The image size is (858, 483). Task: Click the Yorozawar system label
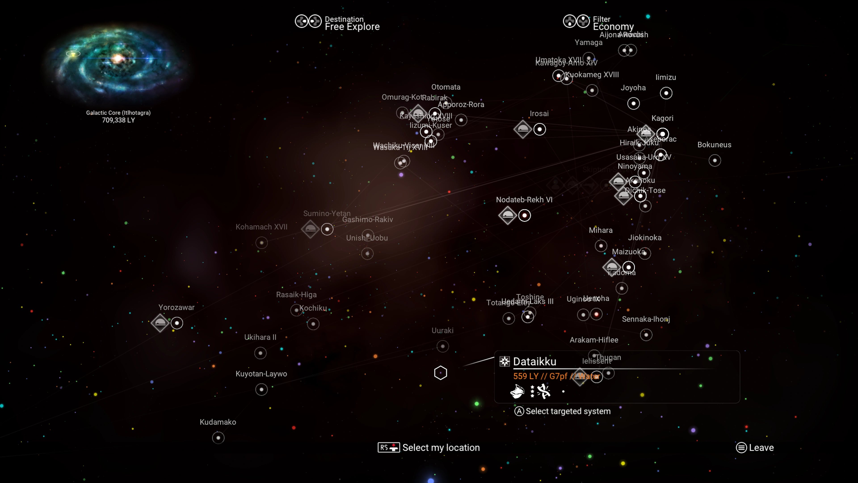pyautogui.click(x=176, y=307)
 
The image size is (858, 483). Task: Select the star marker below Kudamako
pyautogui.click(x=218, y=438)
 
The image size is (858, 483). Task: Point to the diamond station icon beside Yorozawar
pyautogui.click(x=160, y=323)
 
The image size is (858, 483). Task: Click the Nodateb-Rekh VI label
pyautogui.click(x=524, y=200)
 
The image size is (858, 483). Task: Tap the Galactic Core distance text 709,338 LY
pyautogui.click(x=118, y=120)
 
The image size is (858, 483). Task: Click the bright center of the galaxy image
pyautogui.click(x=117, y=59)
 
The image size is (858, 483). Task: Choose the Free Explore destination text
pyautogui.click(x=352, y=27)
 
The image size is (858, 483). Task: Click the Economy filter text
pyautogui.click(x=613, y=27)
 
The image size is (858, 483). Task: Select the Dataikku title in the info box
pyautogui.click(x=535, y=361)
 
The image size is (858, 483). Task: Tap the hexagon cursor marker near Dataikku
pyautogui.click(x=440, y=373)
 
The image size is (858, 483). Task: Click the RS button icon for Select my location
pyautogui.click(x=388, y=447)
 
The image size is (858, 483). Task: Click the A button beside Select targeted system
pyautogui.click(x=519, y=411)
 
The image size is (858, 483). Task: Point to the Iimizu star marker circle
pyautogui.click(x=666, y=93)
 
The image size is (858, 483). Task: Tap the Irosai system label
pyautogui.click(x=539, y=114)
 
